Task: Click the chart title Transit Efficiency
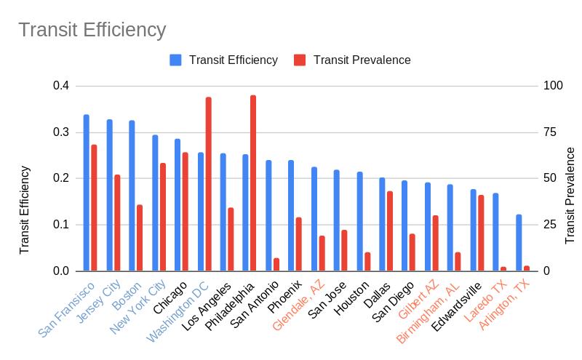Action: [92, 31]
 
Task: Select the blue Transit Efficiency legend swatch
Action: [175, 60]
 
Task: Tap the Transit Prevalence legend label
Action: [362, 60]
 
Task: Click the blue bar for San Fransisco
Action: [87, 193]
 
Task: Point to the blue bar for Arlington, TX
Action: [519, 243]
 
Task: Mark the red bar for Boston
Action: [140, 238]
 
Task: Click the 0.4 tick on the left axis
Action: [60, 86]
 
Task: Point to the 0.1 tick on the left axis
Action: [60, 225]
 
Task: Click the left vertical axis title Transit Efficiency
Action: [25, 209]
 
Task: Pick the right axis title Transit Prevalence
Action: [570, 195]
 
